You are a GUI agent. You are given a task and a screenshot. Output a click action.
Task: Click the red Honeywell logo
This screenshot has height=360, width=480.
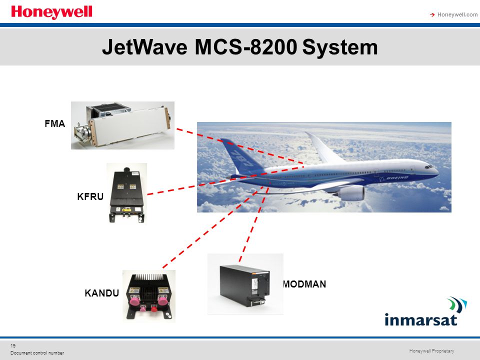pos(51,12)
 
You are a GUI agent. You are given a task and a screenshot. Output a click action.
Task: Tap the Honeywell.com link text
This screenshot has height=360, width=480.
pos(457,14)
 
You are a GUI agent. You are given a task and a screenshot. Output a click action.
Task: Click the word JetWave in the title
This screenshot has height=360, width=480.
pos(144,47)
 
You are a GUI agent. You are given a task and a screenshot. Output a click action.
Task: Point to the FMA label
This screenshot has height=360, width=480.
pos(55,124)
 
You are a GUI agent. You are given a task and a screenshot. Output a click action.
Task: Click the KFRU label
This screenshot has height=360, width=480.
pos(90,196)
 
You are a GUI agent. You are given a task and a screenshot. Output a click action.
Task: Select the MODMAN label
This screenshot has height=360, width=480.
pos(304,284)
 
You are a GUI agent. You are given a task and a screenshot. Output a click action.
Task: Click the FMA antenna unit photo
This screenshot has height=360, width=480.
pos(122,125)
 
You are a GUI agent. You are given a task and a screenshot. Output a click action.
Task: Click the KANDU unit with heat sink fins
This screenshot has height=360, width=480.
pos(148,295)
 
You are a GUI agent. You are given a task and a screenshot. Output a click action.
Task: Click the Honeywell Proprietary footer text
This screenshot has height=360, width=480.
pos(431,351)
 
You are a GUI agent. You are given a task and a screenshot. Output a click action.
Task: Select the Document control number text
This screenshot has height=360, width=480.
pos(37,353)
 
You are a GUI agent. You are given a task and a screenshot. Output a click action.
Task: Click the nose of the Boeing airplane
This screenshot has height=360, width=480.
pos(435,170)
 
